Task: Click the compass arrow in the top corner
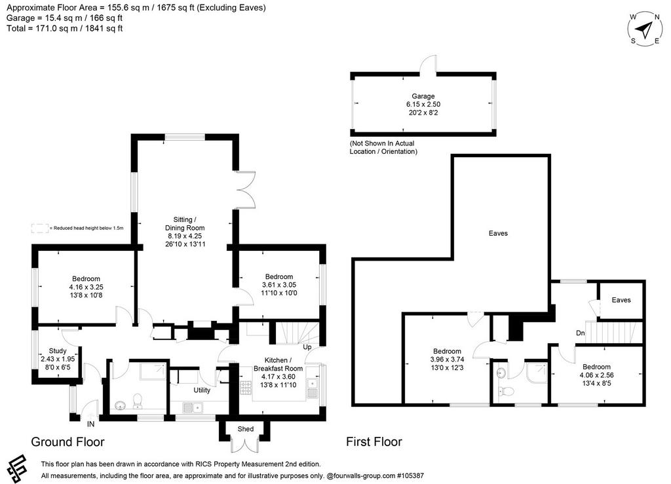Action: coord(643,29)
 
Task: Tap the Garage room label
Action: coord(423,97)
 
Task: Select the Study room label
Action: coord(58,351)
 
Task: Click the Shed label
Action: coord(246,429)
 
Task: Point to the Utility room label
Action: coord(202,390)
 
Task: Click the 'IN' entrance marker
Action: coord(90,424)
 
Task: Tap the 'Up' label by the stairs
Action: coord(307,347)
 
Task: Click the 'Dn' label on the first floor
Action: coord(581,333)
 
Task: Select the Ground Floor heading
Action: coord(67,441)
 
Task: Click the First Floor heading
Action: coord(374,441)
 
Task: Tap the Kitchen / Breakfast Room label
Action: coord(278,364)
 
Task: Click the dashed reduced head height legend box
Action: coord(40,229)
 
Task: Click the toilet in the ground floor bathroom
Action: coord(138,401)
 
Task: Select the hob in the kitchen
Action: coord(246,387)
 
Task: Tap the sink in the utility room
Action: coord(193,407)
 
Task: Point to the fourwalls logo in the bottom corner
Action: coord(17,468)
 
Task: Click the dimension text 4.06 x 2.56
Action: coord(596,375)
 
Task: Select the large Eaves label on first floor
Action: coord(498,233)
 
